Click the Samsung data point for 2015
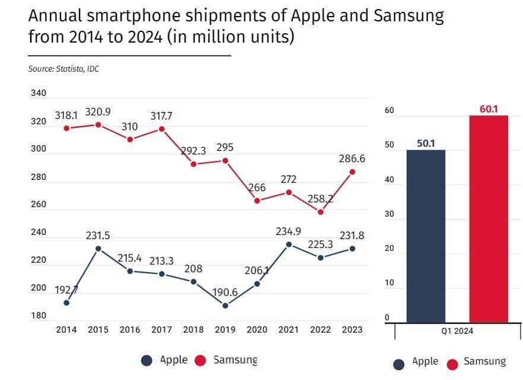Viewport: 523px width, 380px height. pyautogui.click(x=98, y=125)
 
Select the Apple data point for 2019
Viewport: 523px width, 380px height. pyautogui.click(x=225, y=305)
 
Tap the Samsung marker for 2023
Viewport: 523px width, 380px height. pyautogui.click(x=352, y=172)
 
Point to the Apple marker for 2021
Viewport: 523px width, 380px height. pyautogui.click(x=289, y=244)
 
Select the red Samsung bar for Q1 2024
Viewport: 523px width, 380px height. pyautogui.click(x=489, y=218)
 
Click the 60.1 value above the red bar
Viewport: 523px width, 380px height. pyautogui.click(x=489, y=109)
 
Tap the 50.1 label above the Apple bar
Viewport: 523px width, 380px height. pyautogui.click(x=426, y=144)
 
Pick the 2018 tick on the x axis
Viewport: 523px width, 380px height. pyautogui.click(x=193, y=330)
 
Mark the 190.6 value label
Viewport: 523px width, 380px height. pyautogui.click(x=225, y=292)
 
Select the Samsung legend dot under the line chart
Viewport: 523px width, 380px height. pyautogui.click(x=200, y=360)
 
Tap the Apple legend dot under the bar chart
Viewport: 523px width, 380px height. pyautogui.click(x=399, y=363)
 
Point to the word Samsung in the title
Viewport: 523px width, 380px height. pyautogui.click(x=408, y=17)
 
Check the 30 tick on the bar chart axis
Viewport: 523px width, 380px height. pyautogui.click(x=389, y=214)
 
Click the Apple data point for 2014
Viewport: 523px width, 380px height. pyautogui.click(x=66, y=302)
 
